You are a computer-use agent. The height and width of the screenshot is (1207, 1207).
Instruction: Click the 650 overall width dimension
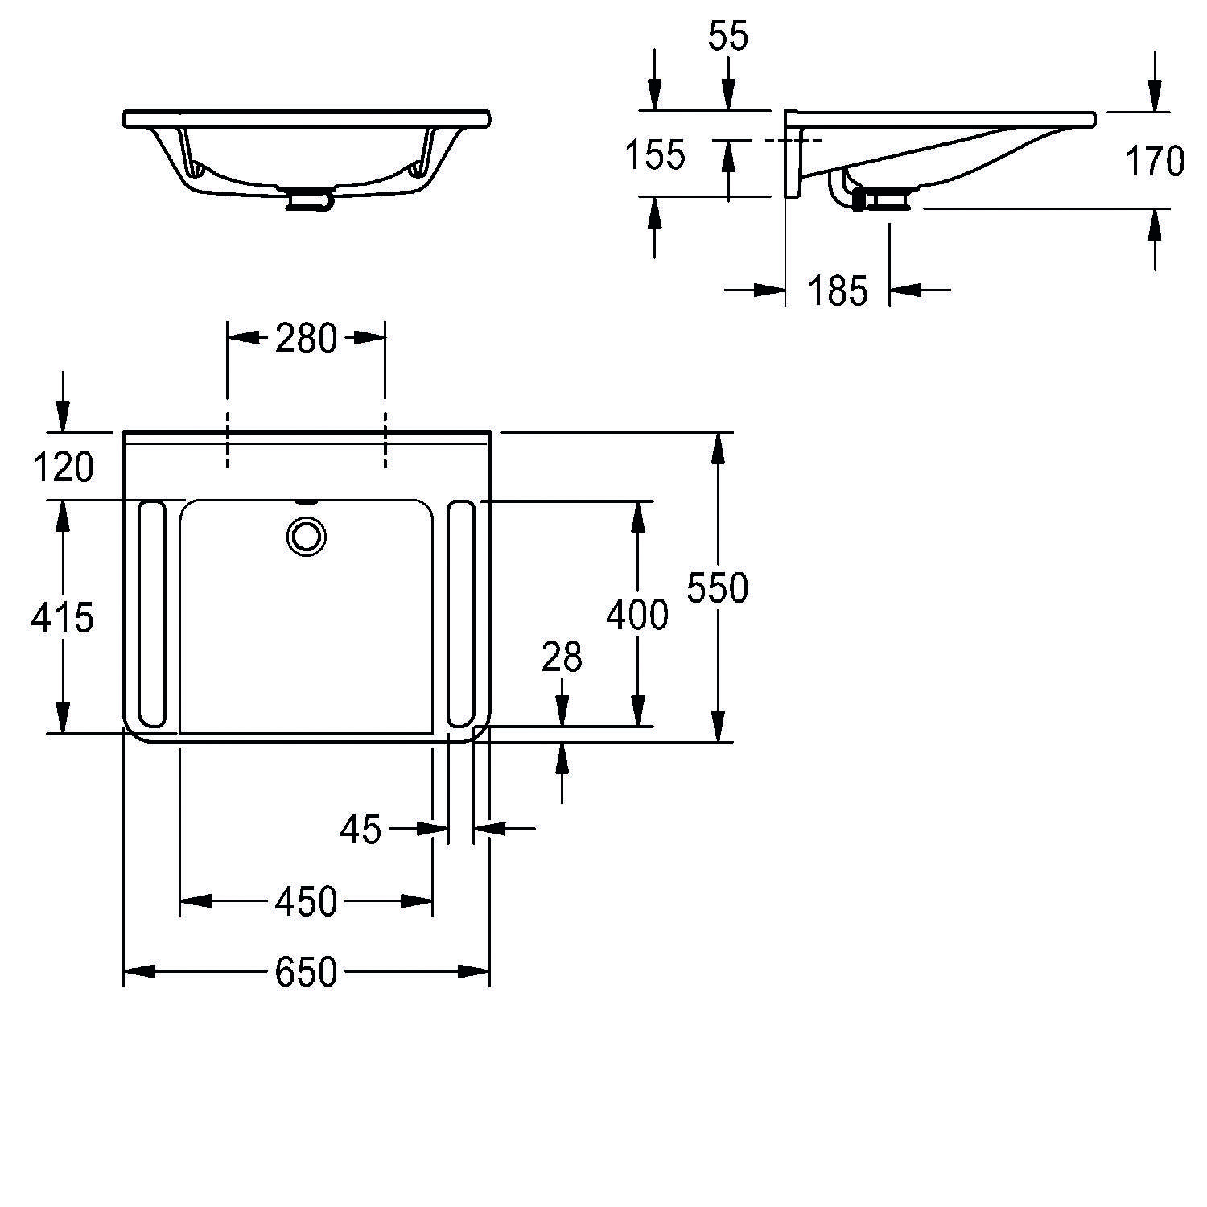[x=306, y=972]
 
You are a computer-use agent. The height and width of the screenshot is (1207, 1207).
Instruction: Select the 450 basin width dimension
[x=306, y=902]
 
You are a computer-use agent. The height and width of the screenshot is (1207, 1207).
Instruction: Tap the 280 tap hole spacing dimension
[x=306, y=339]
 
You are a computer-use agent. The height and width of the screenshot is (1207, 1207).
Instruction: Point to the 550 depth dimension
[x=717, y=588]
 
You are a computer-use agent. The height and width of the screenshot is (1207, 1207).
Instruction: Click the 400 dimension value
[x=636, y=616]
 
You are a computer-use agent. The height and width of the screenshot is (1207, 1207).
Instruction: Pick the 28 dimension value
[x=561, y=657]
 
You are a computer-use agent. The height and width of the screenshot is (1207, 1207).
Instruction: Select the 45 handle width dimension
[x=360, y=828]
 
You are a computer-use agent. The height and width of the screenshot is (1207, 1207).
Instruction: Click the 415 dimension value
[x=62, y=617]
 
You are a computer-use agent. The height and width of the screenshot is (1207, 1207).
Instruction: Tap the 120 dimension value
[x=63, y=468]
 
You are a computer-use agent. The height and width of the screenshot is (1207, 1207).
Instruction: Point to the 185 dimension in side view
[x=838, y=290]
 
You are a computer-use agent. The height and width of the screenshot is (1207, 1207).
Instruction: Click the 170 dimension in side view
[x=1155, y=162]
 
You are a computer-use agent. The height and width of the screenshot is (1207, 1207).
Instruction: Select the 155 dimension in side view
[x=656, y=155]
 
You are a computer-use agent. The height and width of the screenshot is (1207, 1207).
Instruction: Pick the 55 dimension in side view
[x=728, y=36]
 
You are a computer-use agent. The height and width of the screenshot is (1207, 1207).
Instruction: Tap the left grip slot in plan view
[x=151, y=614]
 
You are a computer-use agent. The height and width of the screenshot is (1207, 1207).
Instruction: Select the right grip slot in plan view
[x=460, y=614]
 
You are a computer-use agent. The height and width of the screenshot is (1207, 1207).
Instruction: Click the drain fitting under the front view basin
[x=307, y=199]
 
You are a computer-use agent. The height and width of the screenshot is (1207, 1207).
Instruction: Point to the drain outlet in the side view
[x=885, y=197]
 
